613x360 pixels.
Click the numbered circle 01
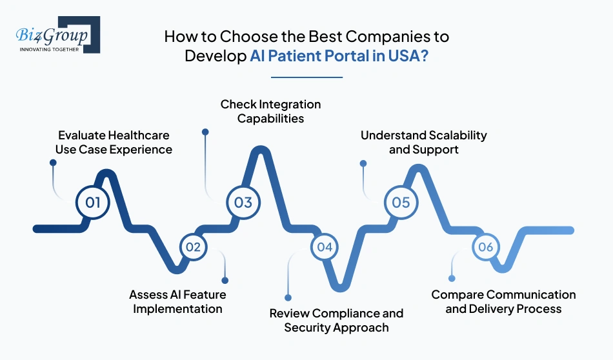click(93, 203)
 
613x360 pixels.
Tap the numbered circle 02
click(193, 246)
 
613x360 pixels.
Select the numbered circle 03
click(243, 203)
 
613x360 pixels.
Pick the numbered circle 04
click(325, 246)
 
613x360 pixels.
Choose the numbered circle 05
click(401, 203)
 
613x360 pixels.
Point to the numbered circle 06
click(486, 246)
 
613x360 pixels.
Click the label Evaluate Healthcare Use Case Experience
click(114, 143)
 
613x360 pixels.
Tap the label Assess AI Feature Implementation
click(177, 301)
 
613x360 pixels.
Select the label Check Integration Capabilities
click(270, 111)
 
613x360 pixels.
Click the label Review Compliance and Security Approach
click(336, 320)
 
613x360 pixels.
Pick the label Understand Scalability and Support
click(423, 142)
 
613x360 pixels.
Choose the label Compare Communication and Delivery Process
click(503, 301)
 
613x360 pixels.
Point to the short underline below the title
click(306, 77)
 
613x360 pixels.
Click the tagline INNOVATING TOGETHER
click(50, 49)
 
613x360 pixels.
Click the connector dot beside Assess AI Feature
click(225, 280)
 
